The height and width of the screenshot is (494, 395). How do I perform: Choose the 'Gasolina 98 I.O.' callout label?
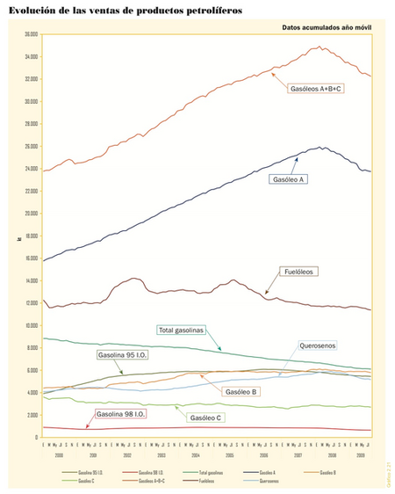pos(121,414)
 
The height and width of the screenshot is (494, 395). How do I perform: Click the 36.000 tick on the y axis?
pos(31,34)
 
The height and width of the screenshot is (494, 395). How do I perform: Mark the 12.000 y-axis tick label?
pos(31,303)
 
